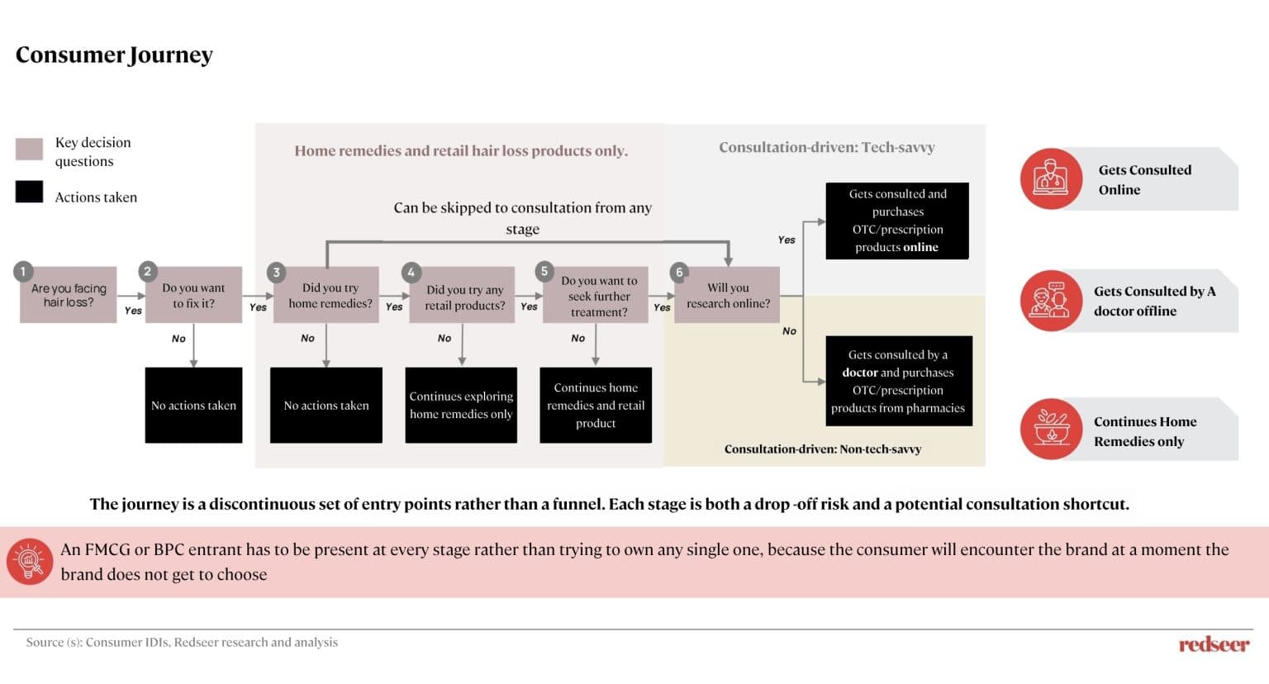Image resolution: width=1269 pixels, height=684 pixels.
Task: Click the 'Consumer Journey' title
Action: [x=114, y=55]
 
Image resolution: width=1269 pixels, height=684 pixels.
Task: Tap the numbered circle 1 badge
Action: [x=23, y=272]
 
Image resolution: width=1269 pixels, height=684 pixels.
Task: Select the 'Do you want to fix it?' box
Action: [x=194, y=295]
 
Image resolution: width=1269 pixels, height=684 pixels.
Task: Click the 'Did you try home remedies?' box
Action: [x=326, y=295]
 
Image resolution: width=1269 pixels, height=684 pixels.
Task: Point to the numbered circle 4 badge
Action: [x=411, y=273]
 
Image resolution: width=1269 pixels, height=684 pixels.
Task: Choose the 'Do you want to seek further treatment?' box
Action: [x=596, y=295]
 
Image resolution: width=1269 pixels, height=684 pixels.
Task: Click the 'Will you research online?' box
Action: [x=727, y=295]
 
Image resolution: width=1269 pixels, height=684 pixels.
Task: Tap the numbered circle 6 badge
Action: [x=678, y=273]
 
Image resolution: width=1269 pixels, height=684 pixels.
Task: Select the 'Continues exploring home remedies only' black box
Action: [x=461, y=405]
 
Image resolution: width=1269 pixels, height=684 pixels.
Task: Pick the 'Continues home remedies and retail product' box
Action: [x=596, y=405]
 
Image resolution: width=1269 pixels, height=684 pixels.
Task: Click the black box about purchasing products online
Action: [x=897, y=221]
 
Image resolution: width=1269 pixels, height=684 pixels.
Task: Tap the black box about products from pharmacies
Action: [x=899, y=381]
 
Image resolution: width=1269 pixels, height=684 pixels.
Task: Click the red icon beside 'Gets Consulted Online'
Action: [x=1052, y=179]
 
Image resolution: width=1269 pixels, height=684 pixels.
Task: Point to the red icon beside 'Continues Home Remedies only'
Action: [x=1052, y=430]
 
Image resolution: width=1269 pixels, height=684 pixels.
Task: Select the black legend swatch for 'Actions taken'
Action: [x=29, y=192]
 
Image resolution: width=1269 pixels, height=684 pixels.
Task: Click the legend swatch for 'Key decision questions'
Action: [x=29, y=149]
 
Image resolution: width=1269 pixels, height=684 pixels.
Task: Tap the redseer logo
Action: [x=1214, y=644]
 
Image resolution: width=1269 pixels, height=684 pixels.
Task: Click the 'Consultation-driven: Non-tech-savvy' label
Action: [x=823, y=449]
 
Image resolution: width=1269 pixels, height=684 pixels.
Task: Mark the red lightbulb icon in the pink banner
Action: [x=30, y=561]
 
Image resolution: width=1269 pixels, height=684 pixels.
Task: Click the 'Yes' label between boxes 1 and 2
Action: [x=133, y=311]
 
